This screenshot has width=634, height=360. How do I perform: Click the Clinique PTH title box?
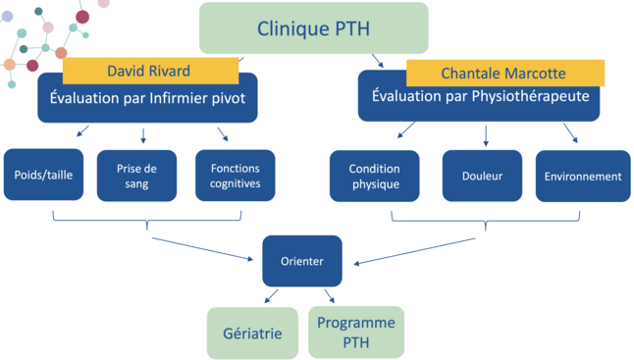pos(314,28)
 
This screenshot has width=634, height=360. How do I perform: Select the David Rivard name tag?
pos(150,71)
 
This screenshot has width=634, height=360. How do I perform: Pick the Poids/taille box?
pos(44,176)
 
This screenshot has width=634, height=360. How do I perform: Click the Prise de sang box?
pos(136,176)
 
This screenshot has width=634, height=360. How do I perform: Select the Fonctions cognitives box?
pos(235,176)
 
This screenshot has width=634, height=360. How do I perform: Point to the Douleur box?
pos(482,177)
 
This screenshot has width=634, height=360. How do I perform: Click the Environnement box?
pos(583,177)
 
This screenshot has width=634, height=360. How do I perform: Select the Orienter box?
pos(302,261)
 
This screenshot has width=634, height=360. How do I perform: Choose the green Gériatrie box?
pos(251,333)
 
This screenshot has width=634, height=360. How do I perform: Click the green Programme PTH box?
pos(355,332)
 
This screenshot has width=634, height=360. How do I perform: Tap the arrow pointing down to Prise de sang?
pos(143,135)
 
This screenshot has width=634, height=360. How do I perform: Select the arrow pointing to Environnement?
pos(570,133)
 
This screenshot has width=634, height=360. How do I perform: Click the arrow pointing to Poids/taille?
pos(82,131)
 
